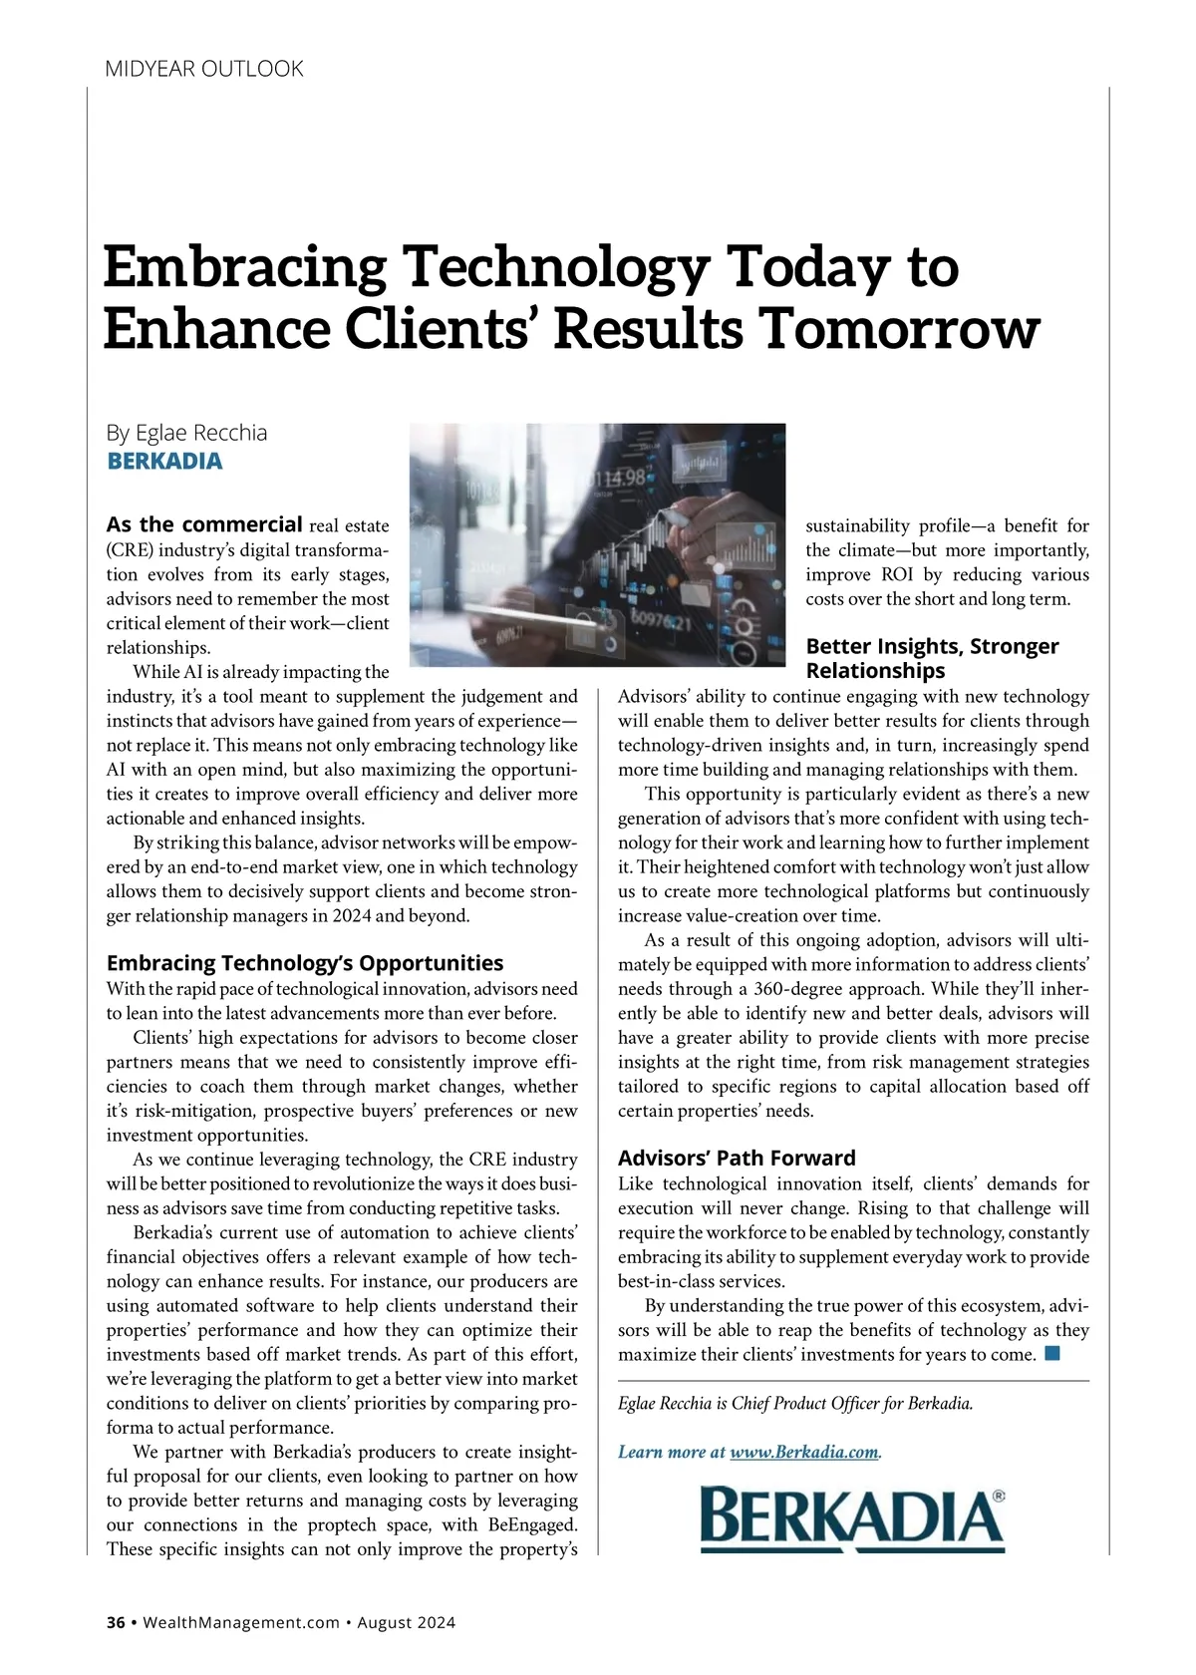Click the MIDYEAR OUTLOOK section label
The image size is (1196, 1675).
click(204, 69)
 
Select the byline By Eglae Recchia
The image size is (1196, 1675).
click(186, 433)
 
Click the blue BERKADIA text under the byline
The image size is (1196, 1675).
click(164, 462)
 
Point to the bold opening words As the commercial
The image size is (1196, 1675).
click(204, 524)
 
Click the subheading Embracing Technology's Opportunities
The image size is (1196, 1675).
click(304, 963)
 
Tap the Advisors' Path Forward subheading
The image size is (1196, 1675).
click(737, 1158)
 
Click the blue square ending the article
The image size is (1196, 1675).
click(1052, 1354)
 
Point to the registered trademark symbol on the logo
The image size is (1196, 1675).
click(999, 1497)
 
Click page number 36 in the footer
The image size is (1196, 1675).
click(116, 1622)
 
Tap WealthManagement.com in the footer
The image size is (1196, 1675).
click(241, 1622)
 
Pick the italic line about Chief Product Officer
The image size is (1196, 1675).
click(795, 1403)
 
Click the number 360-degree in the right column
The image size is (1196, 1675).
click(800, 989)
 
